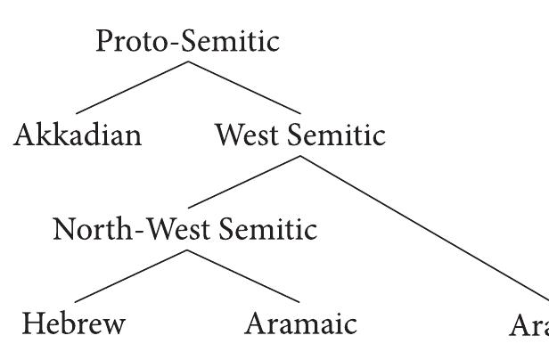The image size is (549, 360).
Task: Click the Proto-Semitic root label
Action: click(x=187, y=42)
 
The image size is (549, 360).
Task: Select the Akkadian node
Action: click(x=78, y=135)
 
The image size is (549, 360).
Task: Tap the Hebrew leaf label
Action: click(x=73, y=323)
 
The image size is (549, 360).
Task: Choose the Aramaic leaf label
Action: click(x=300, y=323)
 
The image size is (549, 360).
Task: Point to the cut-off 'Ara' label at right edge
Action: click(x=529, y=325)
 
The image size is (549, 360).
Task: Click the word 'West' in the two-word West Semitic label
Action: click(x=247, y=135)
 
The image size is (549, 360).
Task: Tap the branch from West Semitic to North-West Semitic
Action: click(x=243, y=182)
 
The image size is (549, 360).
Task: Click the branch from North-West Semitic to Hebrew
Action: click(x=131, y=275)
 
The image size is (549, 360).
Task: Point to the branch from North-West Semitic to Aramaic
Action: click(x=242, y=275)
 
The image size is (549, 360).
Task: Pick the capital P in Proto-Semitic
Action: click(x=105, y=42)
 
